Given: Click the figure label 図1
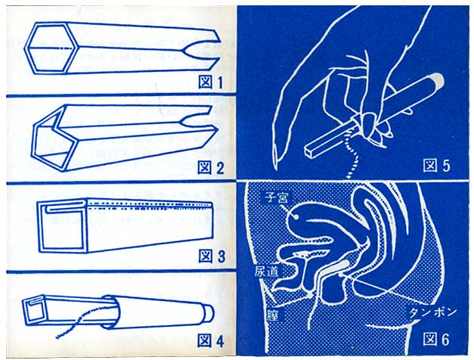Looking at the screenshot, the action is click(211, 82).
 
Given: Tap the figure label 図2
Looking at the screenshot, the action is click(211, 168).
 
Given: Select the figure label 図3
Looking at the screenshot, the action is click(212, 256).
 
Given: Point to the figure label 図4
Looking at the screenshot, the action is click(211, 341).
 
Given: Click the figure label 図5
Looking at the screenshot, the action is click(436, 166).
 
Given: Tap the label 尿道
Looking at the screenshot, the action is click(266, 271).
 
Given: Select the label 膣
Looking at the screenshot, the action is click(272, 315).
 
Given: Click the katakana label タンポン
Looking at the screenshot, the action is click(432, 312).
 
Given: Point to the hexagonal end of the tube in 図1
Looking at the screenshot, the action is click(51, 48).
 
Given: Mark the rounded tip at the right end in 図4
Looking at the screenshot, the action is click(209, 314).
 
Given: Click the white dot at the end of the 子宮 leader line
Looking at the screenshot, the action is click(296, 216).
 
